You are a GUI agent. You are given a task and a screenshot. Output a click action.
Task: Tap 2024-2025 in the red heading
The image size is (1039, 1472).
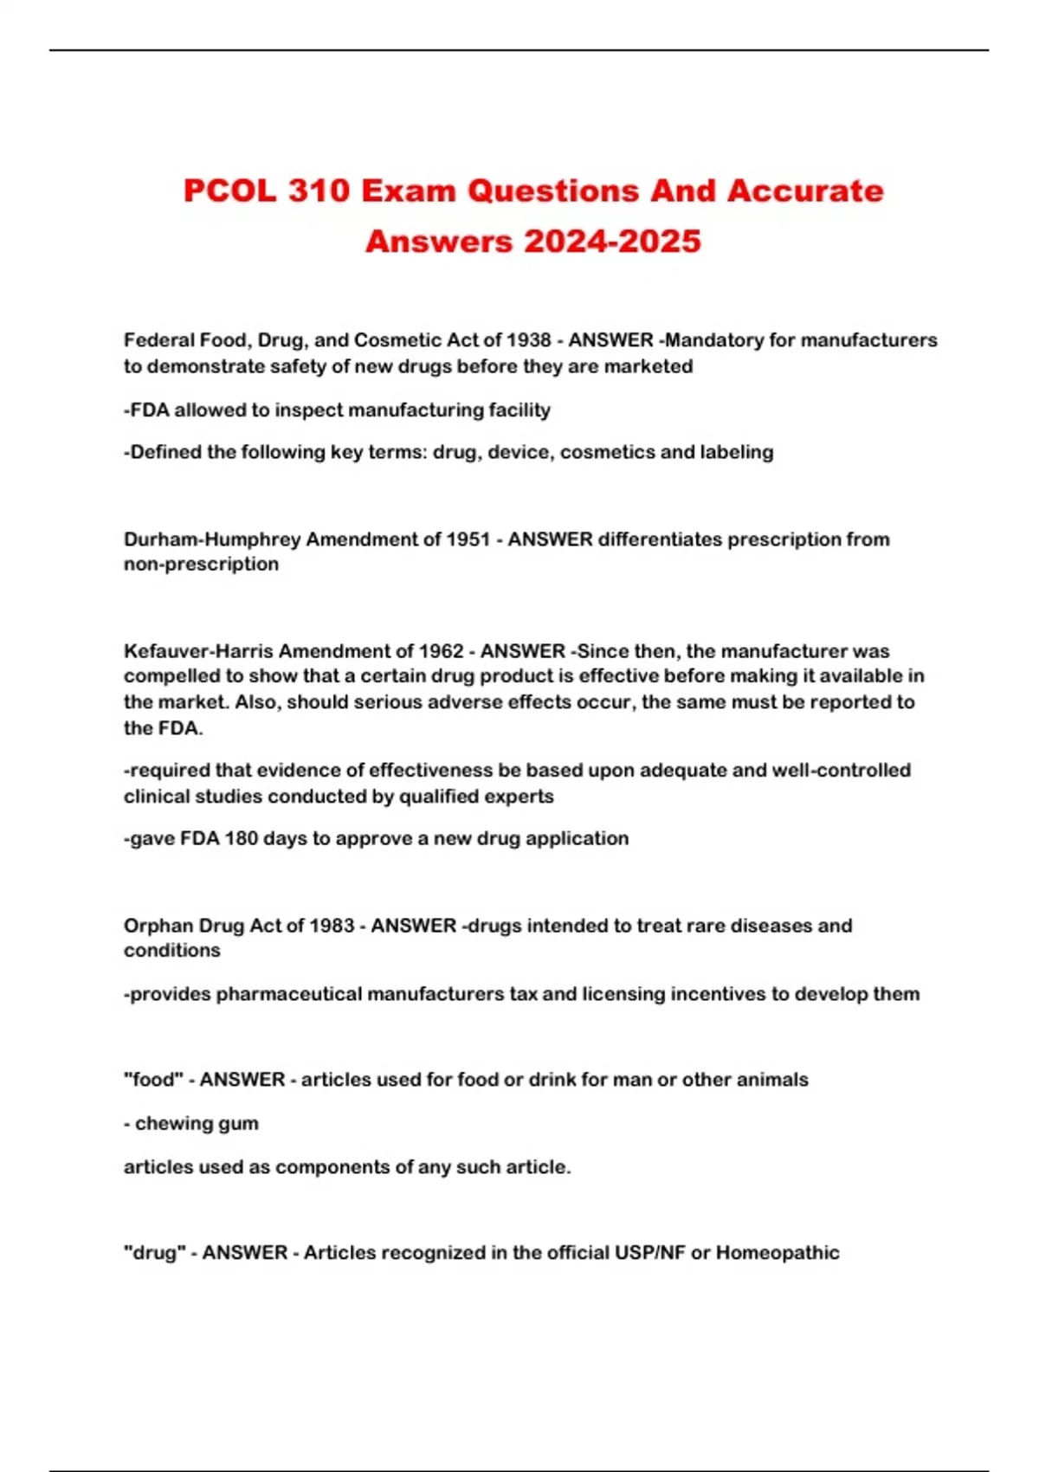coord(612,242)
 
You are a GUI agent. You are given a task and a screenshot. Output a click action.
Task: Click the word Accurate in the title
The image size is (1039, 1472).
coord(805,191)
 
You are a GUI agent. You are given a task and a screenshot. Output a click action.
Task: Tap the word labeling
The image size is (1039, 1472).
coord(739,452)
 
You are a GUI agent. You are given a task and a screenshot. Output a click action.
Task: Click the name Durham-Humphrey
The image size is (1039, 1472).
coord(212,539)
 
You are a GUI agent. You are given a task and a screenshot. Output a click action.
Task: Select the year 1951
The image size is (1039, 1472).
coord(468,539)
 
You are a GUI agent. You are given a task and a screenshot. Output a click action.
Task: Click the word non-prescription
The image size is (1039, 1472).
coord(201,565)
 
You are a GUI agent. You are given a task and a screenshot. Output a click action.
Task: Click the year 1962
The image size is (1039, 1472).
coord(442,651)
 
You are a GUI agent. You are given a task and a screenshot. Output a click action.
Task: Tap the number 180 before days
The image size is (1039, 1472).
coord(242,838)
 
